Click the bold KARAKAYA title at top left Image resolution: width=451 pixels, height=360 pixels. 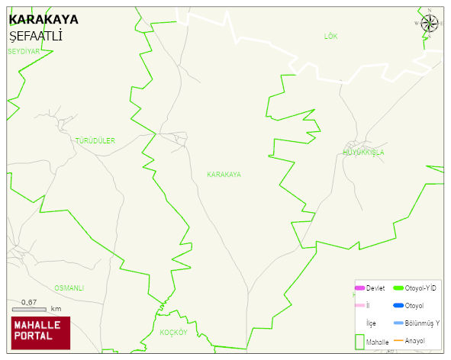click(x=43, y=19)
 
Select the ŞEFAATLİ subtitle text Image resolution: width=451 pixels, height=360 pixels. click(x=35, y=36)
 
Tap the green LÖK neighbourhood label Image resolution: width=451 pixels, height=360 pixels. click(x=330, y=37)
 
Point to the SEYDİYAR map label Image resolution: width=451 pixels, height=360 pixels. click(x=23, y=51)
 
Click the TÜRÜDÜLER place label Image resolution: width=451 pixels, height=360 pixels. click(x=95, y=141)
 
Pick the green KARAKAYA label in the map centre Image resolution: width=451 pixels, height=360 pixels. click(x=224, y=175)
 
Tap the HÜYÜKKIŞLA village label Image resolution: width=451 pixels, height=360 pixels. click(x=363, y=153)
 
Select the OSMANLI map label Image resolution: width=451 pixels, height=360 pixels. click(x=69, y=288)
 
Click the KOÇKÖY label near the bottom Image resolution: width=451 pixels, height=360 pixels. click(x=173, y=333)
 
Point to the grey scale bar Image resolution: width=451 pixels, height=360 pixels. click(x=29, y=309)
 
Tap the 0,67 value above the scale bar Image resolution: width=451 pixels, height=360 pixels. click(x=29, y=302)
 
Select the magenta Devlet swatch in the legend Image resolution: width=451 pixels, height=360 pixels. click(x=359, y=288)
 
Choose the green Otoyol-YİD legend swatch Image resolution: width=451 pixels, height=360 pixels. click(x=398, y=288)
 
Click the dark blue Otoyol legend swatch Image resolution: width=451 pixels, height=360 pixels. click(x=398, y=306)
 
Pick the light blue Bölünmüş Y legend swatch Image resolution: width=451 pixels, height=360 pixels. click(x=398, y=323)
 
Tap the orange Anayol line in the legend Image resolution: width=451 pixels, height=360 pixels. click(x=398, y=340)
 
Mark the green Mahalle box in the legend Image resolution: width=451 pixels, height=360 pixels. click(x=359, y=341)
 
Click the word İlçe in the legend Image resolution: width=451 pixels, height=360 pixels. click(x=371, y=323)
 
